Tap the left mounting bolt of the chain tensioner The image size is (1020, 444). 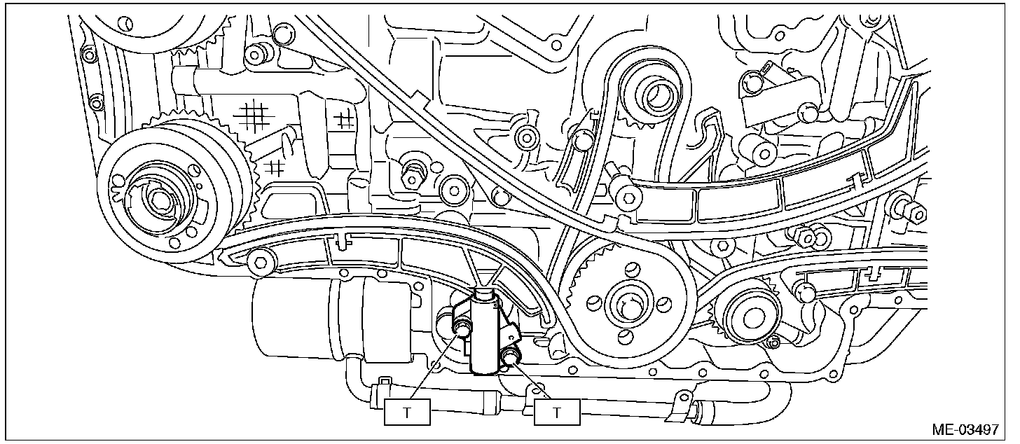coord(462,328)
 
